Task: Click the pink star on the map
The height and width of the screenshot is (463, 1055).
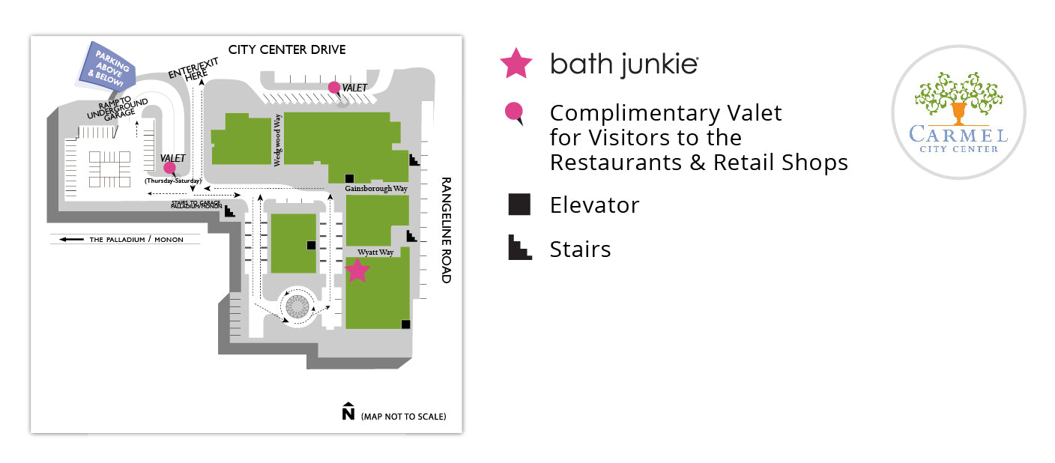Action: point(357,270)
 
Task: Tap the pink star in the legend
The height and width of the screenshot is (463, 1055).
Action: point(516,64)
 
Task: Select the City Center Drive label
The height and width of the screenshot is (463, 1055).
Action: point(287,50)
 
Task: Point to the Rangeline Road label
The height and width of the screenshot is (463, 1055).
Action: point(446,230)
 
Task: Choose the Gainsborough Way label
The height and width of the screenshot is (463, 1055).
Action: point(376,189)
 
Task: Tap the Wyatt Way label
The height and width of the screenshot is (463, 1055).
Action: point(375,252)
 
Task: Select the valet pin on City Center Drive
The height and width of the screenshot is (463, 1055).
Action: point(334,88)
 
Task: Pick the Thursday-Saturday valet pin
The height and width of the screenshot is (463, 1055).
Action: point(169,169)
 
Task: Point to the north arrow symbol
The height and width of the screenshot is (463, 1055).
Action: point(348,412)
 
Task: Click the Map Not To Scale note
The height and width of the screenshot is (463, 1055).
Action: point(403,417)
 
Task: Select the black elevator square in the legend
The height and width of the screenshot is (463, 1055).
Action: point(519,205)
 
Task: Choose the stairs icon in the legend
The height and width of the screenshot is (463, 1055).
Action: point(519,248)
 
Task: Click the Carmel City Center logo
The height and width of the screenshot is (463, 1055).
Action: point(958,112)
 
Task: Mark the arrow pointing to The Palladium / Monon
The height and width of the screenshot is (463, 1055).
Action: point(72,240)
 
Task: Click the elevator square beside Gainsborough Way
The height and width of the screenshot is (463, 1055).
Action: point(349,178)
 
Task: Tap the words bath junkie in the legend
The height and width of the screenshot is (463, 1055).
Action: point(624,64)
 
